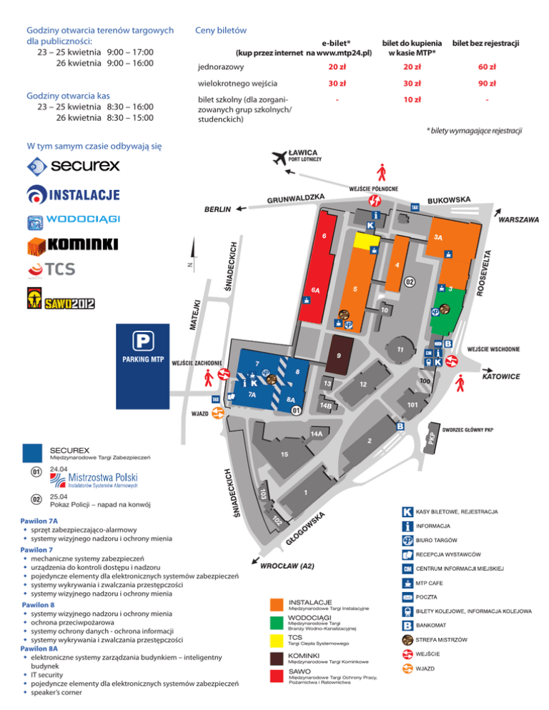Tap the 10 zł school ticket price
411,99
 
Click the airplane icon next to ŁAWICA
274,157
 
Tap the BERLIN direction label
218,210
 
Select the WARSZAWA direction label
518,220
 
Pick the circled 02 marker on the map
409,282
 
